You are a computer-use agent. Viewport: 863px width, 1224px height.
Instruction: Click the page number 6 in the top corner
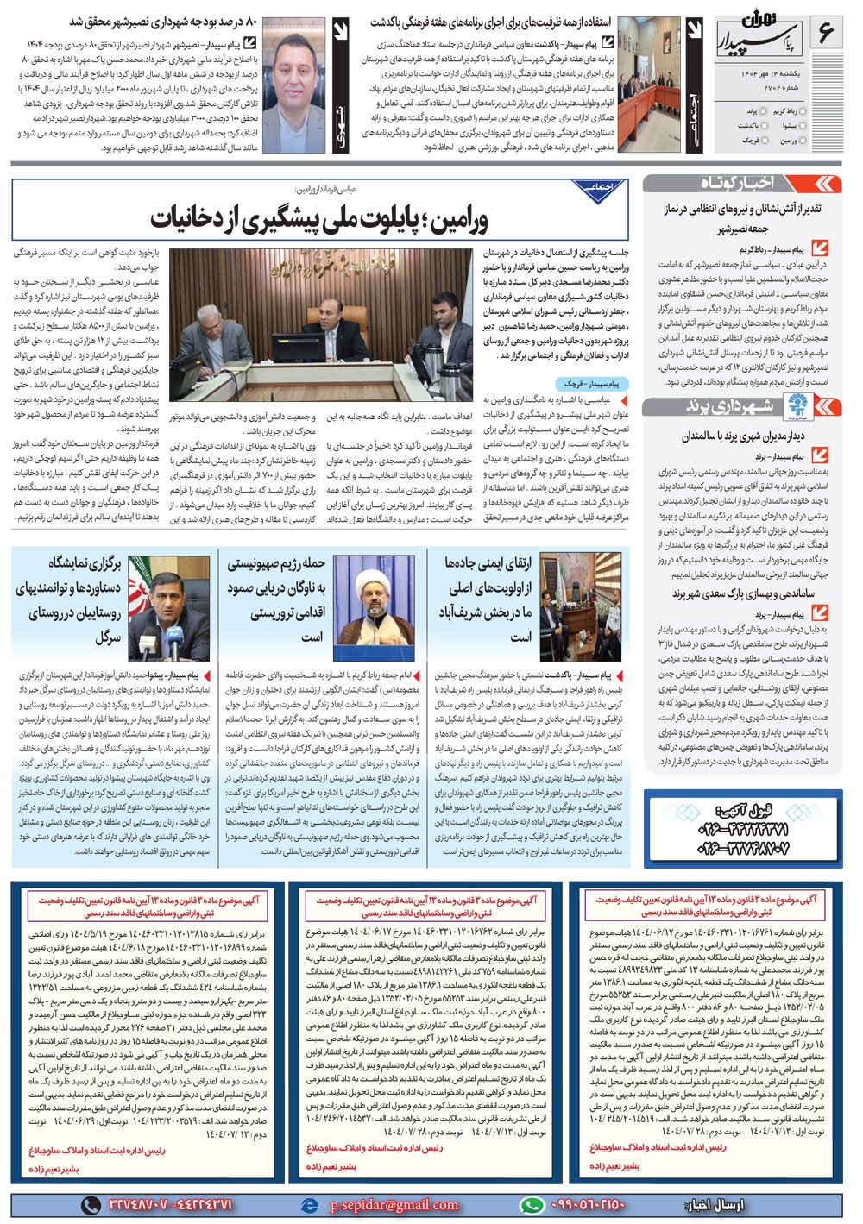point(825,35)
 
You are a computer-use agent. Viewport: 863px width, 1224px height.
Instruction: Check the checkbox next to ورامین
point(804,140)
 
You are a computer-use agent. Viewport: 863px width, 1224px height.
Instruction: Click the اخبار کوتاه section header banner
point(742,184)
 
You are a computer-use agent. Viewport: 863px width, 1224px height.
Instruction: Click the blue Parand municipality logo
point(795,406)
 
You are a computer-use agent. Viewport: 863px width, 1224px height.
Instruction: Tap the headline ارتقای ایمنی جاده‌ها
point(488,563)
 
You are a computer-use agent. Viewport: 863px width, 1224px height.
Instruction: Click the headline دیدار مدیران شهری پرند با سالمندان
point(743,436)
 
